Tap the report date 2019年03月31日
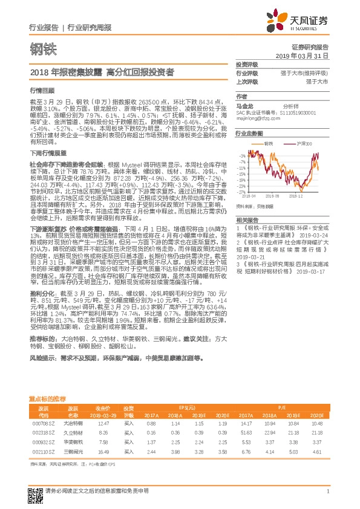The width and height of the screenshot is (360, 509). click(306, 55)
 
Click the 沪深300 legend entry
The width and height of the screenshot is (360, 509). click(305, 144)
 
